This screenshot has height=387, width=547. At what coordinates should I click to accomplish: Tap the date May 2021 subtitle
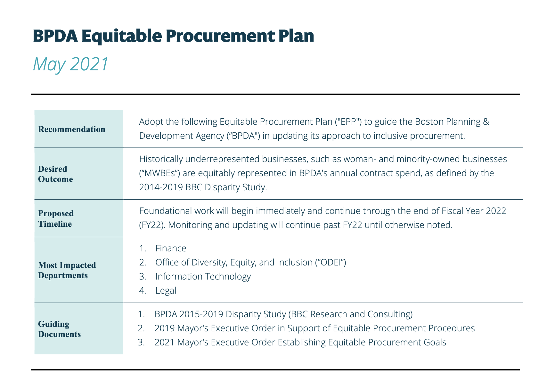coord(71,64)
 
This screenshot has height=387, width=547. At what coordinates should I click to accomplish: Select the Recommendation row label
coord(71,129)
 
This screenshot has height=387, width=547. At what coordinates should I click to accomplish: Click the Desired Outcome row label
coord(55,174)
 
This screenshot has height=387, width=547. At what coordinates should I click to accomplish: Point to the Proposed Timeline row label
coord(55,218)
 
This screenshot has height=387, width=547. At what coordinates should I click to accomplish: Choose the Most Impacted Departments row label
coord(67,270)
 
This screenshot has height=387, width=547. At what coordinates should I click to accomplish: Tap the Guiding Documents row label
coord(59,329)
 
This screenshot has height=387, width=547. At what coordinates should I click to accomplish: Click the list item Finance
coord(170,249)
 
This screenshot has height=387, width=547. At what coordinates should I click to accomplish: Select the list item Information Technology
coord(203,277)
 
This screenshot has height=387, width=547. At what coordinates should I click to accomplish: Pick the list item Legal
coord(166,291)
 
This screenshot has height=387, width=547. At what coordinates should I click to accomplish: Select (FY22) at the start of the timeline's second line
coord(152,225)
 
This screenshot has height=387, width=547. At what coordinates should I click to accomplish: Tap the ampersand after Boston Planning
coord(486,122)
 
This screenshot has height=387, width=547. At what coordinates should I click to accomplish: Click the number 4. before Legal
coord(143,291)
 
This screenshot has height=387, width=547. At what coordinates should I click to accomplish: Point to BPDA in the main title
coord(55,36)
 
